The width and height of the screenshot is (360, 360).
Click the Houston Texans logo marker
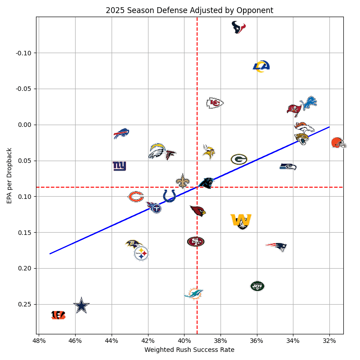[238, 27]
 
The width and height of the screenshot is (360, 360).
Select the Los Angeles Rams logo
[261, 66]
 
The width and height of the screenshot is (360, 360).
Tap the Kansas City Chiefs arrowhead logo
[215, 103]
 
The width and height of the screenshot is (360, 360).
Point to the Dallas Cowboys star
[81, 306]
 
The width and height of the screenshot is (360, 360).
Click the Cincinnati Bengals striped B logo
[58, 315]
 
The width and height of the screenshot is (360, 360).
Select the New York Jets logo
[257, 286]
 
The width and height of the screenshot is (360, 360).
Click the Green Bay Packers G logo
[239, 159]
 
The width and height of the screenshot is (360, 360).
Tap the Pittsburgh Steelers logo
[141, 253]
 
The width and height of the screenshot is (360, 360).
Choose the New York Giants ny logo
[119, 166]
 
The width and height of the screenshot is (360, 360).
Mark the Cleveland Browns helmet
[338, 143]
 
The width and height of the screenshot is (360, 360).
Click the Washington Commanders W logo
[241, 220]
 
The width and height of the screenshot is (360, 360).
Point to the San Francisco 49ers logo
[196, 242]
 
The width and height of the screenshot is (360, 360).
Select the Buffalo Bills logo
[121, 133]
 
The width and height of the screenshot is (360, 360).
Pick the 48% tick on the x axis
[39, 340]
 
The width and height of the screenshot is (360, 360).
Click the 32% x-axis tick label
[329, 340]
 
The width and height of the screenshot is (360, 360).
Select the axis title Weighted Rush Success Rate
[189, 350]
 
